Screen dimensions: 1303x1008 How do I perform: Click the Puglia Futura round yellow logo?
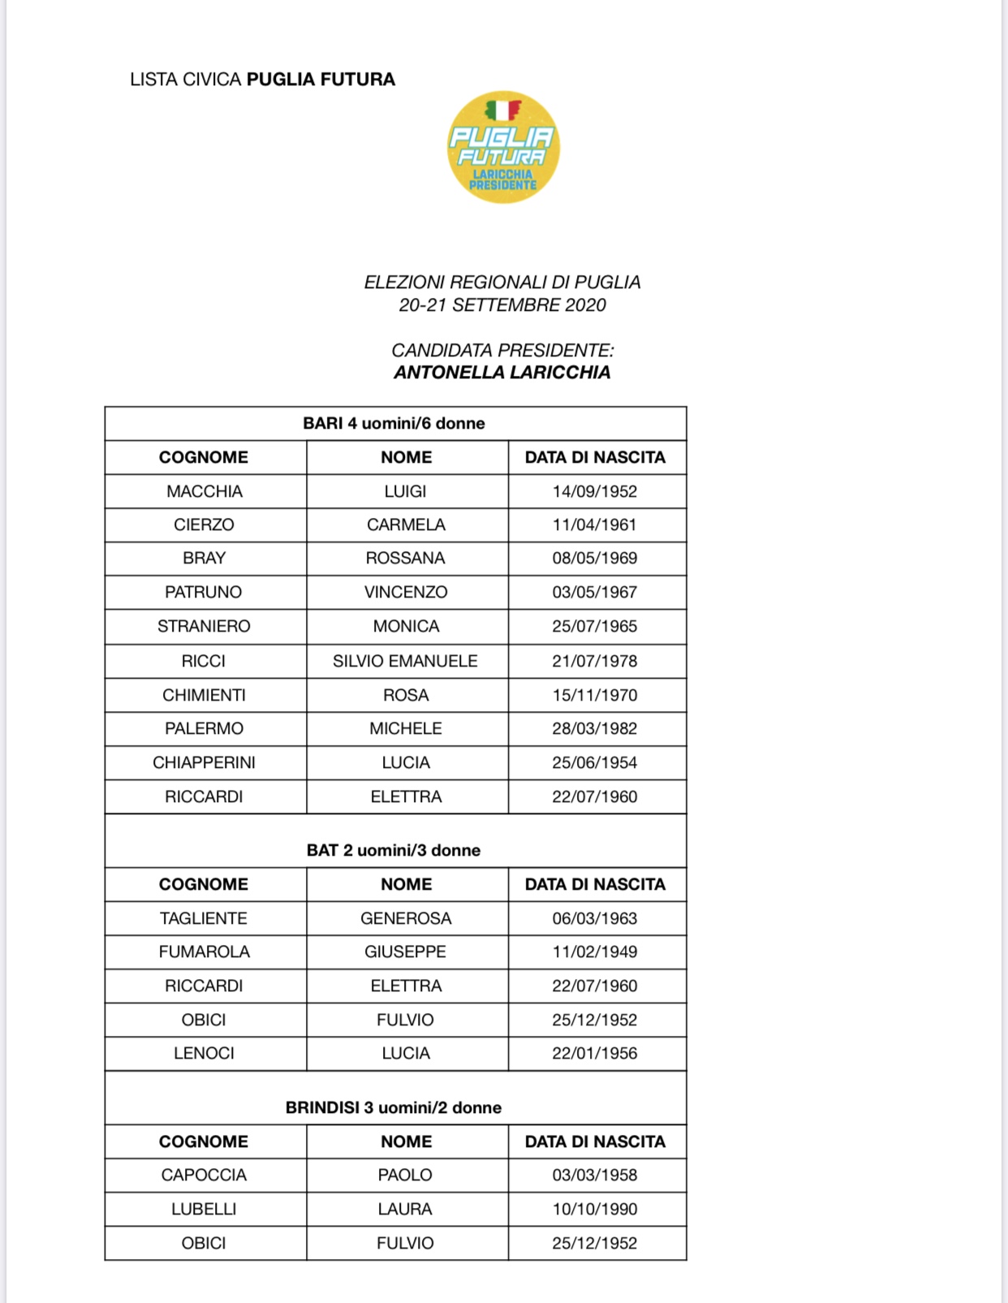[503, 147]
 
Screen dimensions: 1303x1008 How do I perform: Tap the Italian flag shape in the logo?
[502, 110]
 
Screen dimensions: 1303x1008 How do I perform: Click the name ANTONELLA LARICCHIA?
[502, 373]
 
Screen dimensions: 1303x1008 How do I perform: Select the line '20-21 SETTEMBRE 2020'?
[502, 305]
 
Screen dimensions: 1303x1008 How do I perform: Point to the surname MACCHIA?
[205, 491]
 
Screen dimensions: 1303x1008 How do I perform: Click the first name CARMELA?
[406, 524]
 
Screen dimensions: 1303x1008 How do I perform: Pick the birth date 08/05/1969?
[595, 559]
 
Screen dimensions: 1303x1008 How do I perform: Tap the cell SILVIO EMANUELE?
[405, 661]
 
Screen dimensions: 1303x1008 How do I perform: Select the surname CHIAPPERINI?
[205, 762]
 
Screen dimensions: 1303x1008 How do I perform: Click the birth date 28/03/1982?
[595, 728]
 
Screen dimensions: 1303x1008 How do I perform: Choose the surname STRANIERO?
[205, 626]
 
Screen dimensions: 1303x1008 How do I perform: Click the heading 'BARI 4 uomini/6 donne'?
[394, 424]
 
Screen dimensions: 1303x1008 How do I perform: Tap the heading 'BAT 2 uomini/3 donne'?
[394, 850]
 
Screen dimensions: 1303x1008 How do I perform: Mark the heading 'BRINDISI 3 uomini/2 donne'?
[394, 1107]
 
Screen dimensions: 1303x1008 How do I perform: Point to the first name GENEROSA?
[406, 918]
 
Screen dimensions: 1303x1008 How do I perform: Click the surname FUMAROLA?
[205, 951]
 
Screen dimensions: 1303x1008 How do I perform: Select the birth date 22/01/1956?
[595, 1053]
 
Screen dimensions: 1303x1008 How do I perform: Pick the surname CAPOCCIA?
[205, 1175]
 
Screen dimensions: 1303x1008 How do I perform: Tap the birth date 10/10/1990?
[595, 1209]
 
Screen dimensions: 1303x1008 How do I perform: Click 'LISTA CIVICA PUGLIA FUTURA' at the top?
[262, 80]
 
